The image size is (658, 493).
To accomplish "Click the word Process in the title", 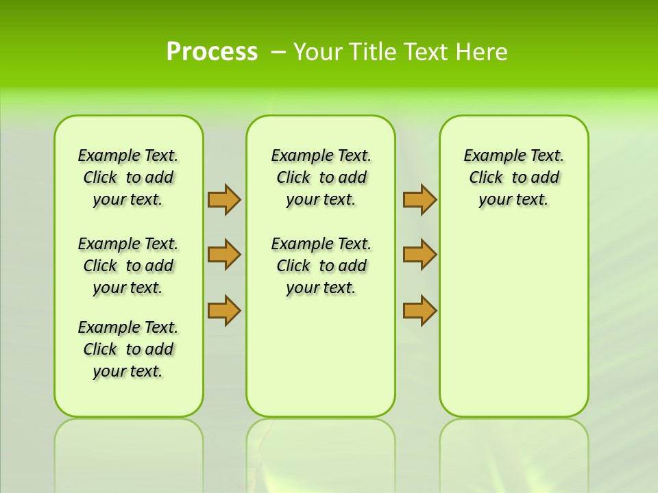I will [212, 52].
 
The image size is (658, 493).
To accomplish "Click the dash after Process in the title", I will [278, 52].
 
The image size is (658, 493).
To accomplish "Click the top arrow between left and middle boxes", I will [223, 199].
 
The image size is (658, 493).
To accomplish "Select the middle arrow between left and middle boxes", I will [223, 255].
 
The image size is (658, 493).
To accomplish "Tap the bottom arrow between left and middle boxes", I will [223, 310].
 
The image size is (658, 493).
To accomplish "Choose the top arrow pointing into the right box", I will [419, 199].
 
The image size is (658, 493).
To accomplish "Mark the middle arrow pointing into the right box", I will [419, 255].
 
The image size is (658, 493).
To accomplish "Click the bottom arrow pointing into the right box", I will [419, 310].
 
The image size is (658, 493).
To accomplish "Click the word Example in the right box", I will [489, 155].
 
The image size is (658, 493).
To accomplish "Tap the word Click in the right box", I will [486, 177].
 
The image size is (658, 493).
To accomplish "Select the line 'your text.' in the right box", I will [513, 199].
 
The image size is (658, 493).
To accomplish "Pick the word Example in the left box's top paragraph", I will [103, 155].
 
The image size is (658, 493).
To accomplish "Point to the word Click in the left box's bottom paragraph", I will [100, 349].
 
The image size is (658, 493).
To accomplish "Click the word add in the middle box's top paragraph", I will [352, 177].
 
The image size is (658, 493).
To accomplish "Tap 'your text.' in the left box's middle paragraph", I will [127, 288].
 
